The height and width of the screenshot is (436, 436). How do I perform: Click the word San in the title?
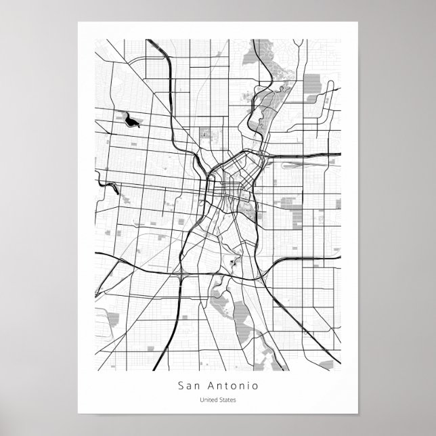pyautogui.click(x=191, y=387)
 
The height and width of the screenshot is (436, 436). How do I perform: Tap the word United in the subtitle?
pyautogui.click(x=207, y=400)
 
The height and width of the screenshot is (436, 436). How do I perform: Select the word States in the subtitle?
pyautogui.click(x=227, y=400)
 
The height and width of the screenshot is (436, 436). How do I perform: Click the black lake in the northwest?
pyautogui.click(x=131, y=121)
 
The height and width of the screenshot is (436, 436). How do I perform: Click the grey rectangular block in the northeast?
pyautogui.click(x=311, y=85)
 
